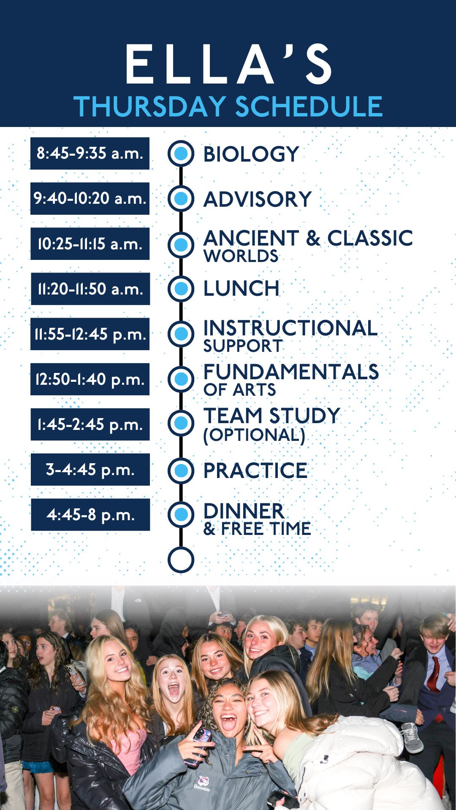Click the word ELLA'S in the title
pyautogui.click(x=228, y=65)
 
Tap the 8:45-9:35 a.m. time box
pyautogui.click(x=90, y=153)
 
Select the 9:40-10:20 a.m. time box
pyautogui.click(x=90, y=198)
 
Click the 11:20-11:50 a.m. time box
pyautogui.click(x=90, y=289)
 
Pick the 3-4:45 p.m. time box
pyautogui.click(x=90, y=470)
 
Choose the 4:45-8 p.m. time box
pyautogui.click(x=90, y=515)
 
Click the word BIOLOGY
pyautogui.click(x=251, y=154)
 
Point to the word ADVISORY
pyautogui.click(x=258, y=199)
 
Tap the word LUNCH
pyautogui.click(x=242, y=289)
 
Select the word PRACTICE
pyautogui.click(x=255, y=470)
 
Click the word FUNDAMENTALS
pyautogui.click(x=291, y=372)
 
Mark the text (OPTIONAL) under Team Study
pyautogui.click(x=254, y=435)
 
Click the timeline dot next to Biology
pyautogui.click(x=181, y=153)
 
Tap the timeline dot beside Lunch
pyautogui.click(x=181, y=289)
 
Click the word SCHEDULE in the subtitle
pyautogui.click(x=309, y=106)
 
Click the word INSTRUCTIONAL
pyautogui.click(x=290, y=328)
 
